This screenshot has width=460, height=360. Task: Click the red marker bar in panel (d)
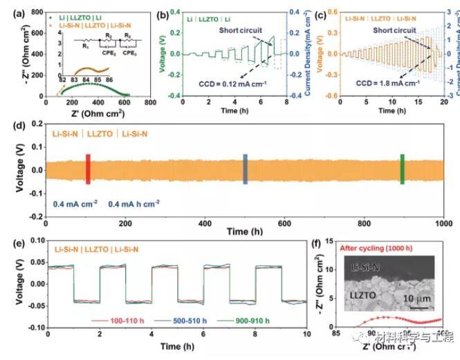88,169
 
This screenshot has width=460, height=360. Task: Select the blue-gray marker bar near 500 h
246,169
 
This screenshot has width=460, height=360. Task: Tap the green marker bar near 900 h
402,169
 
